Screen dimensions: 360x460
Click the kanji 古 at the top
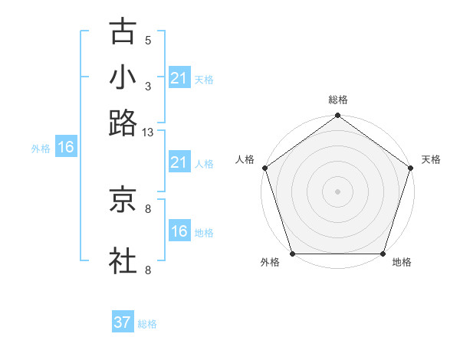click(x=123, y=33)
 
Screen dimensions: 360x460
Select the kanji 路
click(x=123, y=123)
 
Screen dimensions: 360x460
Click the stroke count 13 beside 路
click(x=148, y=133)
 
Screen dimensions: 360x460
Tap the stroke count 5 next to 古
click(x=148, y=41)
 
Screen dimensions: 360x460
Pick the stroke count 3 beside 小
click(x=148, y=87)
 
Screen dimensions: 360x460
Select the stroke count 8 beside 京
click(x=148, y=208)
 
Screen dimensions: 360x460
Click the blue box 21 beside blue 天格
click(x=179, y=78)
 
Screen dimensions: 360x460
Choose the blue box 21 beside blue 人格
click(x=179, y=162)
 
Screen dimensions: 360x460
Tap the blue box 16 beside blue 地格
click(x=179, y=231)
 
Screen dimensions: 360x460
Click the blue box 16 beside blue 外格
click(x=66, y=148)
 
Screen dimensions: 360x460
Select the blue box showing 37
click(x=123, y=322)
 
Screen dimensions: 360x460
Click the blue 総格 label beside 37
click(x=147, y=324)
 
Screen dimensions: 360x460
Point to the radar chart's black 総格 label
click(x=338, y=100)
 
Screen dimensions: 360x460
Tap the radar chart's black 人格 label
click(x=245, y=159)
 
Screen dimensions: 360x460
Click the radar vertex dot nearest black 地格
click(x=383, y=254)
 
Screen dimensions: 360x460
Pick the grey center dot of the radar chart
click(x=338, y=191)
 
